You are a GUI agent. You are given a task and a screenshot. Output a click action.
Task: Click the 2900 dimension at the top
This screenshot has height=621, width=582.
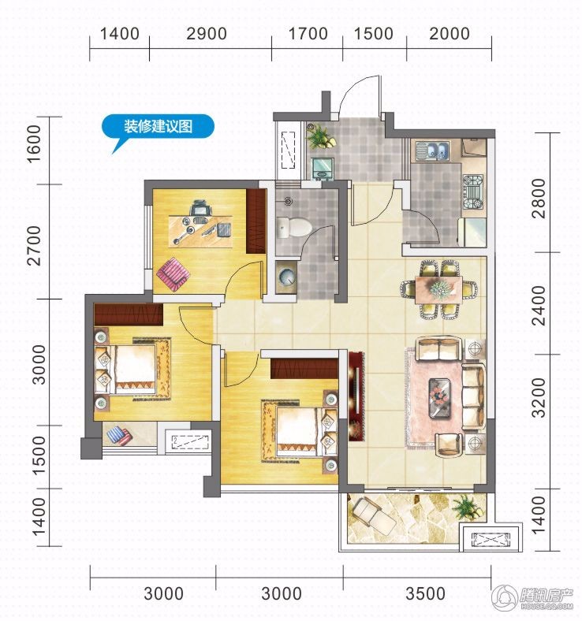point(207,34)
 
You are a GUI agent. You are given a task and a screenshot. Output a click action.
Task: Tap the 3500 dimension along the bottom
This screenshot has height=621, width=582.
point(426,593)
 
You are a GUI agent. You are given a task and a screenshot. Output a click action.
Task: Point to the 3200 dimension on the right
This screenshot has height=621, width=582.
point(539,398)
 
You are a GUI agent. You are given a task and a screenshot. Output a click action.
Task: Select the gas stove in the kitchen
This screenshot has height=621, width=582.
point(473,192)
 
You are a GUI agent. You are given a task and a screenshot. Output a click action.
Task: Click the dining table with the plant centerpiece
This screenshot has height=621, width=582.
point(438,290)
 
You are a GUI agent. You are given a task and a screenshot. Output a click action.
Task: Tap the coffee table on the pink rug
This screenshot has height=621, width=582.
point(440,398)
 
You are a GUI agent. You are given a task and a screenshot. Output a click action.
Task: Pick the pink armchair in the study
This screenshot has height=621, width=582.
point(173,274)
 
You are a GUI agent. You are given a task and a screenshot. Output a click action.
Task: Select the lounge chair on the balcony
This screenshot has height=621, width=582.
point(375,516)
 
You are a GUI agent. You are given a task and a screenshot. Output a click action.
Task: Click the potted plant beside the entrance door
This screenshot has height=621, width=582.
point(321,136)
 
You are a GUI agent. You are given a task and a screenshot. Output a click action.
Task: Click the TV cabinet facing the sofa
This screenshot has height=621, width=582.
point(356,396)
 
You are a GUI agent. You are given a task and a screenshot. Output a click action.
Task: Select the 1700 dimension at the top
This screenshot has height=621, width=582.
point(308,34)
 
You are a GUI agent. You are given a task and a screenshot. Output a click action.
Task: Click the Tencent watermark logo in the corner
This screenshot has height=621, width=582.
point(533,596)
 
